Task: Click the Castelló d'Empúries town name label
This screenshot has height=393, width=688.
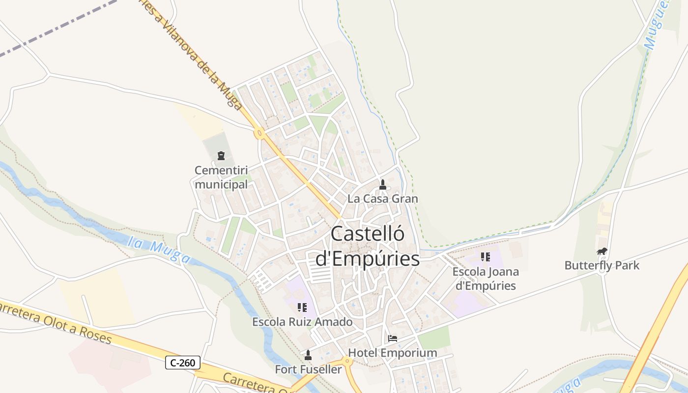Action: pyautogui.click(x=368, y=246)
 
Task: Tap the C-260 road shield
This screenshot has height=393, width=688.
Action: pyautogui.click(x=183, y=363)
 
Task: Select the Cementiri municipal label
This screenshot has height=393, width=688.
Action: pyautogui.click(x=221, y=177)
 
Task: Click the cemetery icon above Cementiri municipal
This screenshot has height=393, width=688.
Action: pyautogui.click(x=221, y=156)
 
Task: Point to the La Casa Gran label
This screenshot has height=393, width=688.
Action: pyautogui.click(x=382, y=199)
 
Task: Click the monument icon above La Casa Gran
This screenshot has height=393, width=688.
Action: pyautogui.click(x=383, y=185)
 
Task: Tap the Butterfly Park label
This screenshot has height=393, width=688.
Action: pyautogui.click(x=602, y=266)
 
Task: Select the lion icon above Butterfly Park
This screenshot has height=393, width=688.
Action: pyautogui.click(x=602, y=252)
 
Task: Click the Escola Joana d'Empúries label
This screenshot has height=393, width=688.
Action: pyautogui.click(x=486, y=279)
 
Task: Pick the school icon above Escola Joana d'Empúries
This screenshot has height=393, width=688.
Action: pyautogui.click(x=486, y=256)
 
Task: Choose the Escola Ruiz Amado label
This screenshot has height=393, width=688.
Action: pyautogui.click(x=302, y=322)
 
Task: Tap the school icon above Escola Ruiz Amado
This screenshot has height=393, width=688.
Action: pyautogui.click(x=302, y=308)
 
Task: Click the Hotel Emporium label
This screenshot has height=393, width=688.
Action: pyautogui.click(x=392, y=353)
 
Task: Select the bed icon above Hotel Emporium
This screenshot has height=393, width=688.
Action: pyautogui.click(x=392, y=338)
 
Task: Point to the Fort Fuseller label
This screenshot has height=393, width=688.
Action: pyautogui.click(x=308, y=369)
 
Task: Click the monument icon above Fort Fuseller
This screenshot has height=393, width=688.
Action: pyautogui.click(x=308, y=355)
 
